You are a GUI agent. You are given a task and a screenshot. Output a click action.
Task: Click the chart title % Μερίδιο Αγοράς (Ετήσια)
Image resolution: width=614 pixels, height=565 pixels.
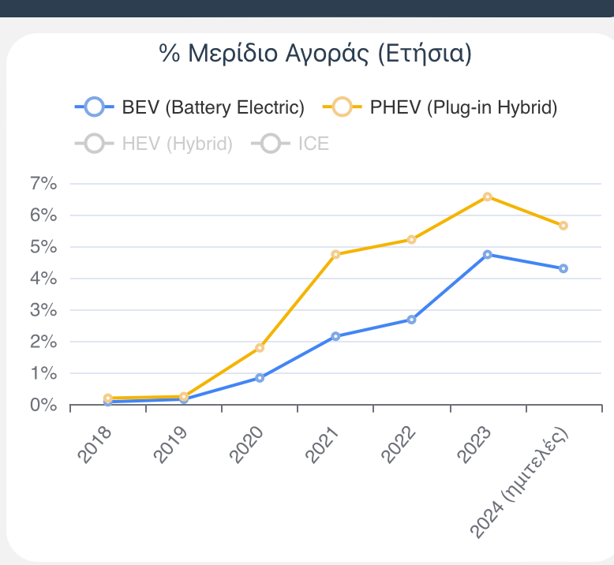point(315,54)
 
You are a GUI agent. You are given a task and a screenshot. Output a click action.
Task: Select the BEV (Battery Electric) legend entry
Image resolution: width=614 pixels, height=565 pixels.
point(189,107)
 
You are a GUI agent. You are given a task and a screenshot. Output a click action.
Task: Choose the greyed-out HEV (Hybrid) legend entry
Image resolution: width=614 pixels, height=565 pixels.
point(154,144)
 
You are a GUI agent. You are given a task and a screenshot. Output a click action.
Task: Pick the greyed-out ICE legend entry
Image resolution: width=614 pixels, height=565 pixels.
point(290,144)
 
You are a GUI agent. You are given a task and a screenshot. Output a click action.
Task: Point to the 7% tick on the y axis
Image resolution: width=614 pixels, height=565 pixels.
point(43,184)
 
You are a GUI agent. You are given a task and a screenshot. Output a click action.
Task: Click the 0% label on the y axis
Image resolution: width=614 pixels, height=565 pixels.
point(43,405)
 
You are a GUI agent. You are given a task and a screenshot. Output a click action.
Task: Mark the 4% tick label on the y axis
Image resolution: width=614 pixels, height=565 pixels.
point(43,279)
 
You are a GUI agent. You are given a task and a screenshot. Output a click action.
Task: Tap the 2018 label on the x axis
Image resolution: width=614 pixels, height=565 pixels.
point(95,443)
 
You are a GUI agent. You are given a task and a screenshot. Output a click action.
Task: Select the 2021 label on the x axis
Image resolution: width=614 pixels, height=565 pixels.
point(323,443)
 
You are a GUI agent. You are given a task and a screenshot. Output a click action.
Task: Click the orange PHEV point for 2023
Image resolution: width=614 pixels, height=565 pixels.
point(488,196)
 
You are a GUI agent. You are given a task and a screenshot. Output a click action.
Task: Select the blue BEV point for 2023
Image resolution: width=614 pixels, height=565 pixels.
point(488,254)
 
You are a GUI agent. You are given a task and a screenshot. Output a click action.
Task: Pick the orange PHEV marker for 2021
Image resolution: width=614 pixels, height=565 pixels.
point(335,254)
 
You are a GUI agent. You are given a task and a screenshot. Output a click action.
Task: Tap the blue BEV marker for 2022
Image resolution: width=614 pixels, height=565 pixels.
point(412,320)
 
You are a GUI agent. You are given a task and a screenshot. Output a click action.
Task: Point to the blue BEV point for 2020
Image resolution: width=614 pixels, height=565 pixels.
point(260,378)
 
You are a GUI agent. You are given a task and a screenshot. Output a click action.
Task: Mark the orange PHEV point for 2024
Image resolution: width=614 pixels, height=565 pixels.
point(563,226)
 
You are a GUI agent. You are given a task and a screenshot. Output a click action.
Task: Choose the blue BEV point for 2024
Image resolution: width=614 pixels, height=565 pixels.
point(563,268)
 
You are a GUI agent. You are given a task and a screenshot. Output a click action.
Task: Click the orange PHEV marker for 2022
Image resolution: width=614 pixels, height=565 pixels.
point(412,239)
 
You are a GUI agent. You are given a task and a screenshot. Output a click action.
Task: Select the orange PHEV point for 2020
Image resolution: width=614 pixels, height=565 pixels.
point(260,348)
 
